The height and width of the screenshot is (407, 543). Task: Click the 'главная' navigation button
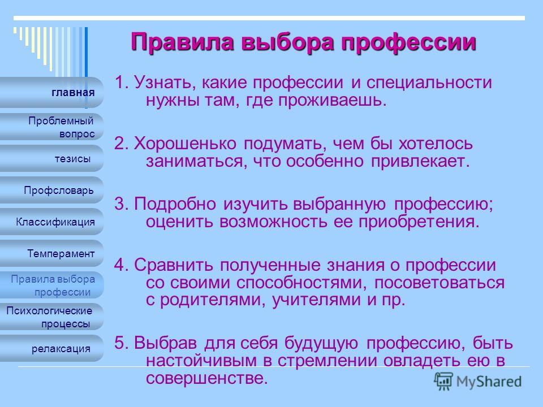(x=51, y=92)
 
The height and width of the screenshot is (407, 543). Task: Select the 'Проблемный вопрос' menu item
(x=51, y=127)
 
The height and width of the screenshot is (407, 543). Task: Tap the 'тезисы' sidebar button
(x=51, y=158)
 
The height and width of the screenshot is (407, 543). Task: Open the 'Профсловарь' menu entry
(x=51, y=190)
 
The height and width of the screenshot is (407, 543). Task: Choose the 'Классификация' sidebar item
(x=51, y=222)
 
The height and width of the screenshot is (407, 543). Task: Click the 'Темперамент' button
(x=51, y=253)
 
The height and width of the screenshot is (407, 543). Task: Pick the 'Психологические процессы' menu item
(x=51, y=317)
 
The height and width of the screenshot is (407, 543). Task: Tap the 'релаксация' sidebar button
(x=51, y=349)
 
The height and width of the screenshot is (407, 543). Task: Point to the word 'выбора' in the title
(x=287, y=42)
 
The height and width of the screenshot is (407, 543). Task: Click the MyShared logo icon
(x=443, y=382)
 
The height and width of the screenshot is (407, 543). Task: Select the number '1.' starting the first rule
(x=122, y=83)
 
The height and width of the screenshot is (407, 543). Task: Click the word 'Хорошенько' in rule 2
(x=185, y=143)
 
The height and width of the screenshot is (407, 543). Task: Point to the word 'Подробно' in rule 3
(x=175, y=204)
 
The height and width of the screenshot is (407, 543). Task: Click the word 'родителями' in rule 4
(x=213, y=300)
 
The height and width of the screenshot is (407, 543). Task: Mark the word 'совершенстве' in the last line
(x=207, y=378)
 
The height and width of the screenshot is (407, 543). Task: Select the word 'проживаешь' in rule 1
(x=332, y=101)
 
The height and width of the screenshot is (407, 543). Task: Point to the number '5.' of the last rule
(x=122, y=343)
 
